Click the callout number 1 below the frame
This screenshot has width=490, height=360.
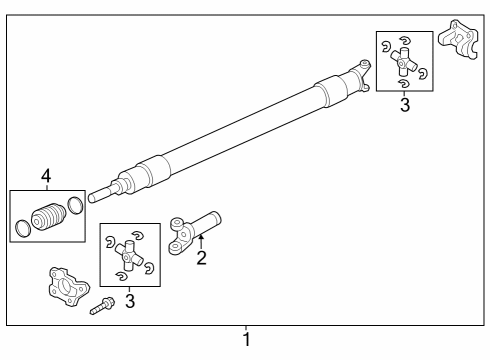tap(246, 340)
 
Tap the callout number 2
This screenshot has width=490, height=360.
tap(200, 259)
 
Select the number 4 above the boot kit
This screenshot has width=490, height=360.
tap(45, 178)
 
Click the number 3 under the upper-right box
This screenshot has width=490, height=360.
tap(404, 104)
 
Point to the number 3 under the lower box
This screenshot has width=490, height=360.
tap(129, 301)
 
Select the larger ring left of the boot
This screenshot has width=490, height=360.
tap(22, 231)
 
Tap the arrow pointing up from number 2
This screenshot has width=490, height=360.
tap(200, 241)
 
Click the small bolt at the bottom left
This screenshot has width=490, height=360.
tap(101, 306)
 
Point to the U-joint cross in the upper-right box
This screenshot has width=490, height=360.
tap(404, 64)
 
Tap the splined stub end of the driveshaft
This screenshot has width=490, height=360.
tap(99, 194)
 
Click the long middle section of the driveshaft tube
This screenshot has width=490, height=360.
tap(240, 129)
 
